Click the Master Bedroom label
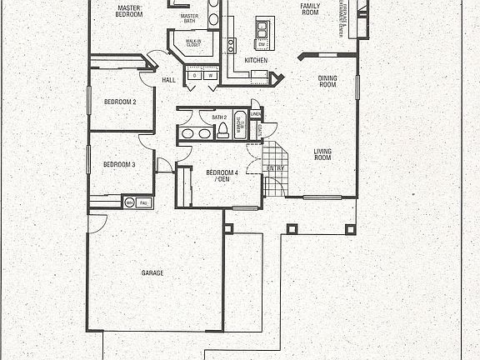tap(127, 11)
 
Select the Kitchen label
tap(256, 61)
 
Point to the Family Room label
tap(310, 9)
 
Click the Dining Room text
tap(327, 82)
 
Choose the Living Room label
tap(322, 154)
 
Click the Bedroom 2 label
tap(120, 102)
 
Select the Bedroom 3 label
tap(119, 165)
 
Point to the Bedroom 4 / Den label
tap(222, 176)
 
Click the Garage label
tap(152, 273)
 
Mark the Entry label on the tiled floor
tap(273, 168)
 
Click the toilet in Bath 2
tap(222, 133)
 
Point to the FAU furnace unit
tap(143, 202)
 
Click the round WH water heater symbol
tap(128, 202)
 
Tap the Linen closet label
tap(256, 113)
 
